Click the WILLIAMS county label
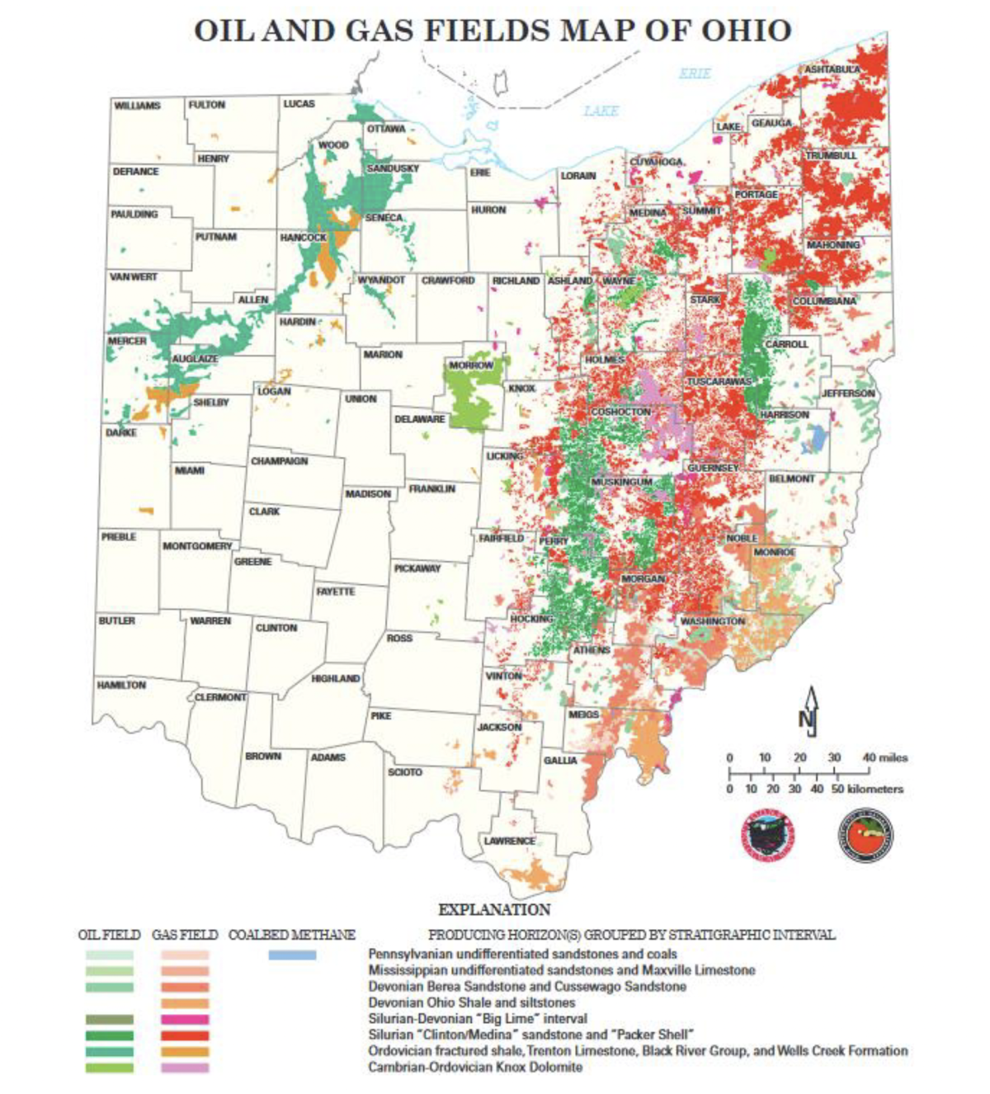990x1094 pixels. point(137,106)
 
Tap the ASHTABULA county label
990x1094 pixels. point(832,70)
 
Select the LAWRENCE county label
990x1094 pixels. point(509,841)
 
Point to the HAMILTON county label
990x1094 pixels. point(121,685)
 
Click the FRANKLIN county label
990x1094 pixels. point(431,489)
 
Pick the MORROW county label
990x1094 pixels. point(471,365)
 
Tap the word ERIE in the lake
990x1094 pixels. point(695,73)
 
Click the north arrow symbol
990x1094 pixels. point(810,711)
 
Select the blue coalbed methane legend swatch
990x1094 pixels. point(292,955)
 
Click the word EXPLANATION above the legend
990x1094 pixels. point(494,910)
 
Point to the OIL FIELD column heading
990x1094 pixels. point(109,935)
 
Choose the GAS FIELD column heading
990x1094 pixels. point(185,935)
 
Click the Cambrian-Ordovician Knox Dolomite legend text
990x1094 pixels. point(475,1067)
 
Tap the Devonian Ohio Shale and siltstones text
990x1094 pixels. point(471,1002)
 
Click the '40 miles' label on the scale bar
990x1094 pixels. point(884,757)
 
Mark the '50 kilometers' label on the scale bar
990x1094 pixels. point(865,789)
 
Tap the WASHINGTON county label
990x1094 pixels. point(712,620)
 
